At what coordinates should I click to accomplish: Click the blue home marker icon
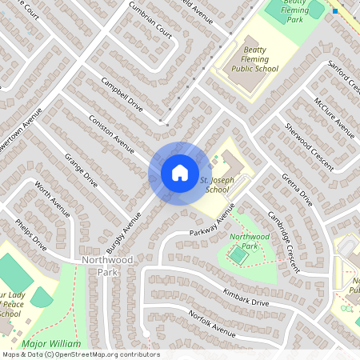pyautogui.click(x=179, y=172)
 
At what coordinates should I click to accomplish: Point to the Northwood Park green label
pyautogui.click(x=250, y=242)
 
